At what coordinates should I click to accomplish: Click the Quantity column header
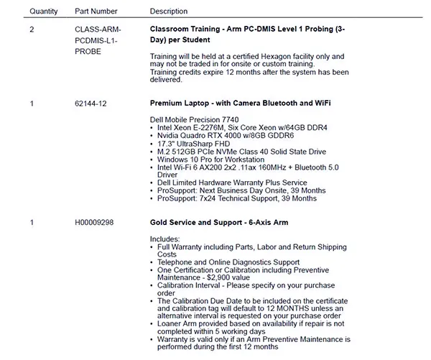tap(44, 11)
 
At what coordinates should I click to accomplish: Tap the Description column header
tap(168, 11)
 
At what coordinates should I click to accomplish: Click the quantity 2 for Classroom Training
tap(32, 29)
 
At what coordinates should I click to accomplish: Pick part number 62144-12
tap(91, 103)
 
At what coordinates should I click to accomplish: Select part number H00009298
tap(98, 223)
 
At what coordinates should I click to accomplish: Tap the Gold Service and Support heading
tap(218, 223)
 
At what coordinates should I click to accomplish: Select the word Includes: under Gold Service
tap(165, 239)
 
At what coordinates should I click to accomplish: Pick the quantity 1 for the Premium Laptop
tap(32, 103)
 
